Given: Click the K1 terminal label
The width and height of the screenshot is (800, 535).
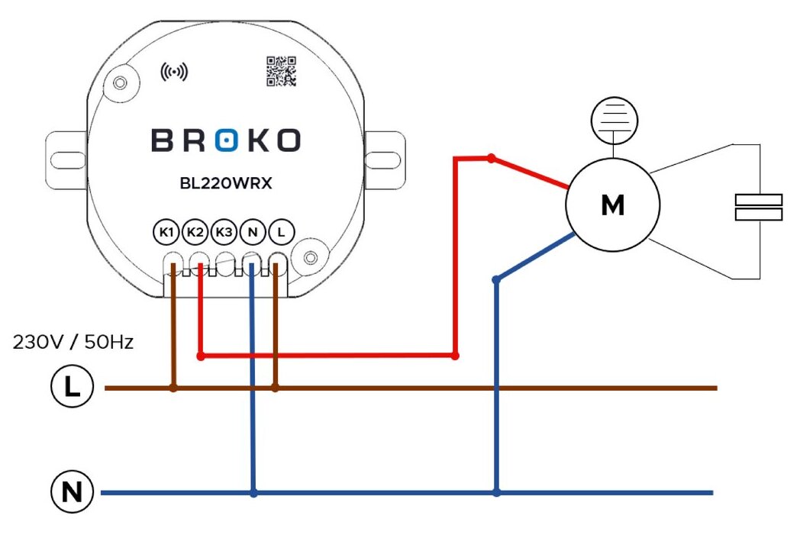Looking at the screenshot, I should tap(167, 231).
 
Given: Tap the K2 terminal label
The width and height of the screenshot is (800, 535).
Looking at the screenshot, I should tap(195, 231).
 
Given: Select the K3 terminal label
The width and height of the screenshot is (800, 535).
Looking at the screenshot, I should tap(224, 231).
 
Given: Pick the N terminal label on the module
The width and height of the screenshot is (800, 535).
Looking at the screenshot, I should tap(253, 231).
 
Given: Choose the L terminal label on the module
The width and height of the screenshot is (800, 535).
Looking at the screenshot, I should tap(282, 231).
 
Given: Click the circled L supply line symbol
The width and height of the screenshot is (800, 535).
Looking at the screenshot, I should tap(72, 388).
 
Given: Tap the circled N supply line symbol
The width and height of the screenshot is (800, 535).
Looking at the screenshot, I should tap(72, 493).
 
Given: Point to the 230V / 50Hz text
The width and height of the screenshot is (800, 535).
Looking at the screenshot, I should tap(73, 342).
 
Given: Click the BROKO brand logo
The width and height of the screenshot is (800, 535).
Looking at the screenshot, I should tap(226, 140).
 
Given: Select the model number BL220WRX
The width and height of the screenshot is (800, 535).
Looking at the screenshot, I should tap(225, 184).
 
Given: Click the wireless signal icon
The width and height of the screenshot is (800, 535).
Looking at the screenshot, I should tap(173, 72).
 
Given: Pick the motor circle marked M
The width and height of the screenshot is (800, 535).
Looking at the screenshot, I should tap(612, 205).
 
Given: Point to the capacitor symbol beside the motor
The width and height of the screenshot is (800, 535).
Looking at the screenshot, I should tap(758, 207).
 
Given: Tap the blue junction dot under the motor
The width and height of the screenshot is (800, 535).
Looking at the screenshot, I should tap(496, 280).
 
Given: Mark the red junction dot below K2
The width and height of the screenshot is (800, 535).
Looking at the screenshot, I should tap(201, 356).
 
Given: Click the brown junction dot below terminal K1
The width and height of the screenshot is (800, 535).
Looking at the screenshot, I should tap(173, 388).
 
